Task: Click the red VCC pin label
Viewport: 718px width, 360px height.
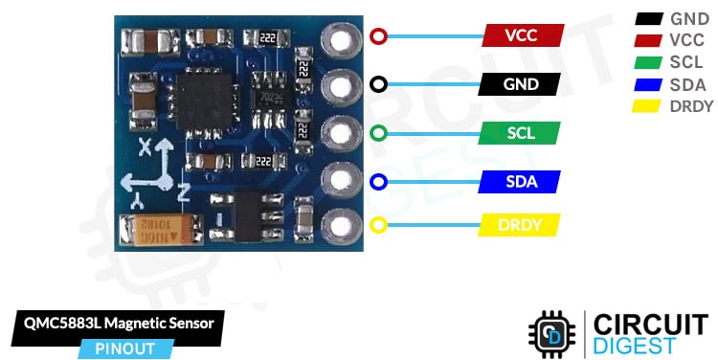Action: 522,36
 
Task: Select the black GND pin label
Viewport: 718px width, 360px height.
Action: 522,83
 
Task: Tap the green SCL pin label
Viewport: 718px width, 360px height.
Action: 522,132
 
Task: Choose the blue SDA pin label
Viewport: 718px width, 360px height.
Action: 522,180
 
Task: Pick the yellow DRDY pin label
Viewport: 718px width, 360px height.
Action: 522,226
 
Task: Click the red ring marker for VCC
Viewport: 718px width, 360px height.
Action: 378,36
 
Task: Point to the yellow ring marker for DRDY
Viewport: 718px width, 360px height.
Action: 378,226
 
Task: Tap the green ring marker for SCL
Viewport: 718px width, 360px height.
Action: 378,132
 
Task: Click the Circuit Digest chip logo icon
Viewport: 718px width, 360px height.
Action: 553,333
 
